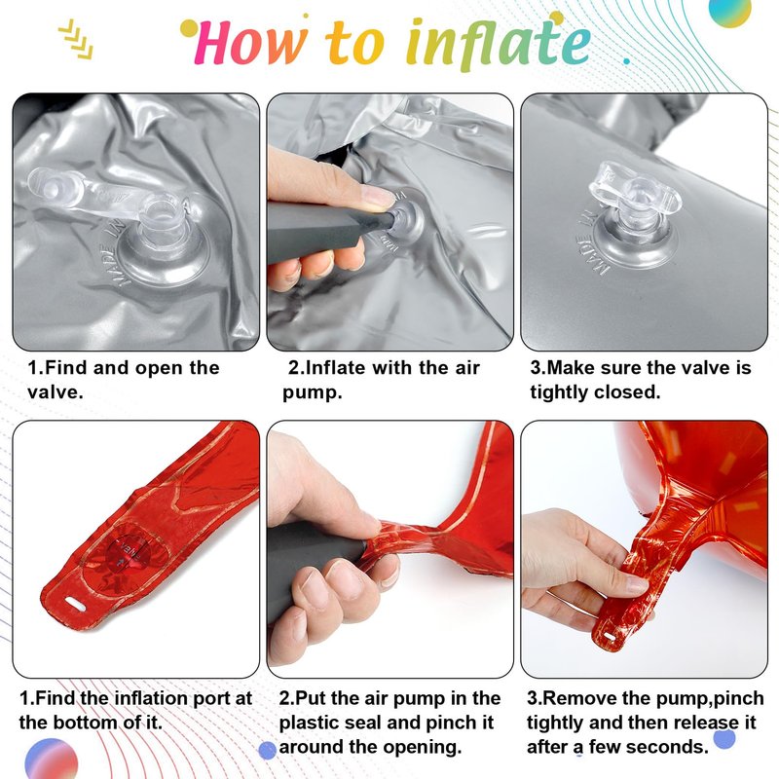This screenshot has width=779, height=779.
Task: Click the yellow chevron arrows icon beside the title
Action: (x=76, y=39)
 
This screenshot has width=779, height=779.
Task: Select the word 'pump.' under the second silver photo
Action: (x=313, y=392)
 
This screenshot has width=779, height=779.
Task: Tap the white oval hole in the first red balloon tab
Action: (x=76, y=604)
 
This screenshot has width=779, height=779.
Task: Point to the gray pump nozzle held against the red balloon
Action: (x=318, y=567)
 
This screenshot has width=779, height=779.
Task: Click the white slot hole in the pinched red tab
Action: (x=610, y=637)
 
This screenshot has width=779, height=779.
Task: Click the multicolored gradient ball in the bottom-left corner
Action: (x=51, y=760)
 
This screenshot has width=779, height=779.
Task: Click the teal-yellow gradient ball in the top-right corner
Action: (x=729, y=12)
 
